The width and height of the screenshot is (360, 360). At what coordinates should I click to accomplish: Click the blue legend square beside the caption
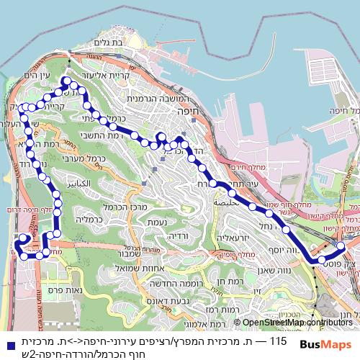tap(6, 336)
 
